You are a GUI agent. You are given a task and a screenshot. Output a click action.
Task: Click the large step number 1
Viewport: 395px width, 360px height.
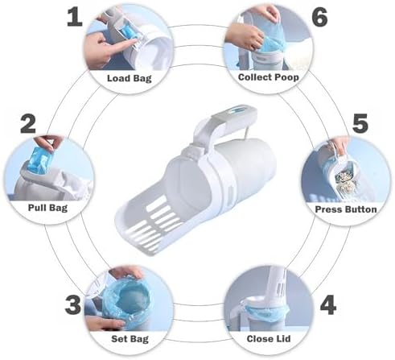click(x=75, y=17)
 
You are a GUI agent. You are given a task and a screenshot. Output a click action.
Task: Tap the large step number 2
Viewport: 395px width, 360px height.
click(x=28, y=123)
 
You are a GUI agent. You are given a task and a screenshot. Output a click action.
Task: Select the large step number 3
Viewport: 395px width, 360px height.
click(x=73, y=304)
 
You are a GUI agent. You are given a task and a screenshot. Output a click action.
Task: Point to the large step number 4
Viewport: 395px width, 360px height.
click(x=328, y=305)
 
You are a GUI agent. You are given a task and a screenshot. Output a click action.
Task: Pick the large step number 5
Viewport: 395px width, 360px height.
click(x=360, y=123)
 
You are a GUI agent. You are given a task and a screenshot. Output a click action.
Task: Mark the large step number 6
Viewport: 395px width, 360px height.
click(x=320, y=17)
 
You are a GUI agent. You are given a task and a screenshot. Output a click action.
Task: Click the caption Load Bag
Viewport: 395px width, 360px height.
click(x=130, y=78)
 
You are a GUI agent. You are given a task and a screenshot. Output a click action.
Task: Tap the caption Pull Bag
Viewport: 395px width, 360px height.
click(x=48, y=208)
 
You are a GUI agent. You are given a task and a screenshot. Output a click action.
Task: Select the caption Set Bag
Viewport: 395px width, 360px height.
click(x=130, y=339)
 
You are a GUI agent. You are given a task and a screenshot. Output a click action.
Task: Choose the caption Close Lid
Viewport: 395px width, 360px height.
click(x=269, y=338)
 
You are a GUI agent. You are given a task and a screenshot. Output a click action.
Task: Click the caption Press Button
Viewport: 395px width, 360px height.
click(x=346, y=209)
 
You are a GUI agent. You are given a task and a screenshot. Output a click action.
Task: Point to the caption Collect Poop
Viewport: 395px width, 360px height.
click(x=269, y=77)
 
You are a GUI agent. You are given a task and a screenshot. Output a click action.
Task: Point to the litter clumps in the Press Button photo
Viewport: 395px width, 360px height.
click(x=347, y=180)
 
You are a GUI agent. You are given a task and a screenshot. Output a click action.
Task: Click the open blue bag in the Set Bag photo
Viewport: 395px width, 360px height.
click(x=126, y=298)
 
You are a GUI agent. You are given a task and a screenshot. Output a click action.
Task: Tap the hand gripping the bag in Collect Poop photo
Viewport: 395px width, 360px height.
click(x=243, y=35)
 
